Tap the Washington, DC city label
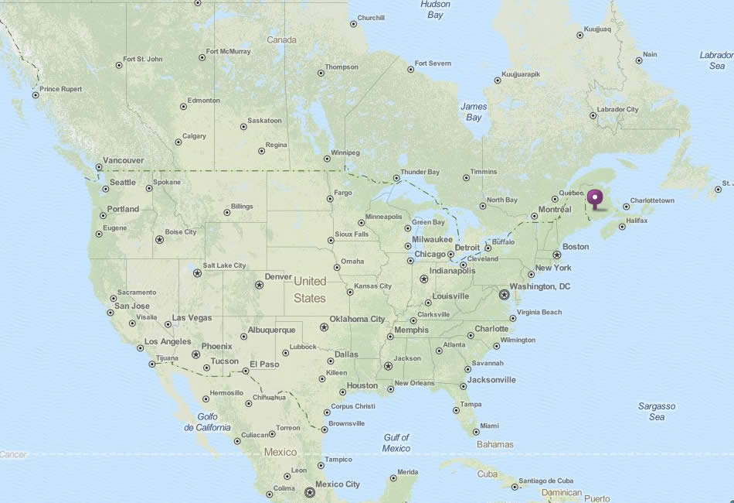[x=540, y=286]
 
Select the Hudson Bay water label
[x=435, y=9]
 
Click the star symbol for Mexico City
[x=310, y=491]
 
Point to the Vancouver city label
[x=122, y=160]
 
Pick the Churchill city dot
[x=354, y=24]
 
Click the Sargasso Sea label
[x=657, y=411]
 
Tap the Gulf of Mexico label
[x=396, y=443]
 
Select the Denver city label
[x=278, y=276]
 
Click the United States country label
[x=310, y=289]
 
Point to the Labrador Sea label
[x=716, y=60]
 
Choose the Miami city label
[x=489, y=426]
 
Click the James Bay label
[x=474, y=111]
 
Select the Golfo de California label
[x=207, y=422]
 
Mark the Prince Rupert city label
[x=60, y=89]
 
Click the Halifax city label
[x=637, y=221]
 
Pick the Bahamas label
[x=495, y=444]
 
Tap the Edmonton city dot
[x=183, y=106]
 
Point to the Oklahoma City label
[x=356, y=319]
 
